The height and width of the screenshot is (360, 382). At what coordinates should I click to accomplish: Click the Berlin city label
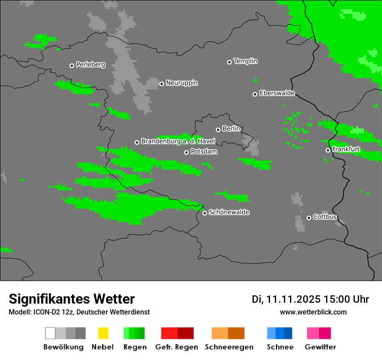coord(231,129)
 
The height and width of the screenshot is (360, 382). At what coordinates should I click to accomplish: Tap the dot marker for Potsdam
coord(186,152)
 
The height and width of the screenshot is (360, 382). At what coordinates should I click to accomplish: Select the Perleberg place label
coord(90,65)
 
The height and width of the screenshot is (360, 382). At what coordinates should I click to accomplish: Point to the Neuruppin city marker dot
coord(161,84)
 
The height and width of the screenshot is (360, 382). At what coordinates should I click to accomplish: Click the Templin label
coord(245,61)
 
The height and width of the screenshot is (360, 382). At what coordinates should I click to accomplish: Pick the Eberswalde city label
coord(277,93)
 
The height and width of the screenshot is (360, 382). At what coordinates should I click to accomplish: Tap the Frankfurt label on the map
coord(346,149)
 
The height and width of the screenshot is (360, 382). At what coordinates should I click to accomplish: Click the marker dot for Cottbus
coord(309,218)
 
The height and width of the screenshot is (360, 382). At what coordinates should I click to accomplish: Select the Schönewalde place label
coord(229,212)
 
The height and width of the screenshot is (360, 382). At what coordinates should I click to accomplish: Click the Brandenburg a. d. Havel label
coord(178,141)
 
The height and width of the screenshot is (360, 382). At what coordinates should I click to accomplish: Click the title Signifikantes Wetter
coord(72,299)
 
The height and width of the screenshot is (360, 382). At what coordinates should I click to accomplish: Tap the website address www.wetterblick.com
coord(313,312)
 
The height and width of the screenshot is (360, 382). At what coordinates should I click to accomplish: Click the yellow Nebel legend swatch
coord(103,333)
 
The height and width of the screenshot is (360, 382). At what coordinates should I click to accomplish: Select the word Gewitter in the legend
coord(320,347)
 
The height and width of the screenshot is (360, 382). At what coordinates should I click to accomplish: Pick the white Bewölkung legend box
coord(50,333)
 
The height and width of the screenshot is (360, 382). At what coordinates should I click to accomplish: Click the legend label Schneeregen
coord(229,347)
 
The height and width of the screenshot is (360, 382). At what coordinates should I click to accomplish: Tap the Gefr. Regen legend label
coord(176,347)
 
